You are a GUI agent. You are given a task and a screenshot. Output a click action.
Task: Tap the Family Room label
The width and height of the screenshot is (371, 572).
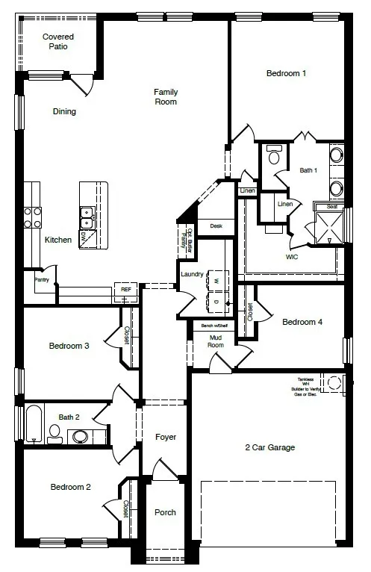point(166,96)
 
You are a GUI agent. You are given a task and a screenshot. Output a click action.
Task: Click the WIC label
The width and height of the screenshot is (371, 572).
point(293,256)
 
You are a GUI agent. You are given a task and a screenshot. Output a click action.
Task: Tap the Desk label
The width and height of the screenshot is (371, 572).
point(216,226)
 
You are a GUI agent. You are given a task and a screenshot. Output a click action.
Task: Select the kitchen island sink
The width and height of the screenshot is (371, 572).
point(87,217)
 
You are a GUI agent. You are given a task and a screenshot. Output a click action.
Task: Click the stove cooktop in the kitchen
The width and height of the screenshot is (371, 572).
point(33,217)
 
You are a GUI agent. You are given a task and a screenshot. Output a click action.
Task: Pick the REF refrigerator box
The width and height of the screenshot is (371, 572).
point(125,287)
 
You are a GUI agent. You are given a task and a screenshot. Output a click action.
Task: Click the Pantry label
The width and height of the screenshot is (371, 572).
point(41,280)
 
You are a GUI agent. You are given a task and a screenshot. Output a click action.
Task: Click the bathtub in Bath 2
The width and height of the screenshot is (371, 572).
point(34,423)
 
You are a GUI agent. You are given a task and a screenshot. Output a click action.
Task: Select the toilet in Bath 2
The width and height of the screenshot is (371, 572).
point(54,432)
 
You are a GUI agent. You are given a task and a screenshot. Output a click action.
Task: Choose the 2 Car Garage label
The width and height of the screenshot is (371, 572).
point(270,447)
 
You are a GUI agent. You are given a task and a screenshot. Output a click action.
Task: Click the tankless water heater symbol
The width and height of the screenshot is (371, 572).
point(334,382)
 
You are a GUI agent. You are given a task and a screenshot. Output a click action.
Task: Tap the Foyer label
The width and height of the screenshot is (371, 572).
point(165,436)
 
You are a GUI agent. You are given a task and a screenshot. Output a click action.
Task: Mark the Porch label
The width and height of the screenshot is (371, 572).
point(165,512)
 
